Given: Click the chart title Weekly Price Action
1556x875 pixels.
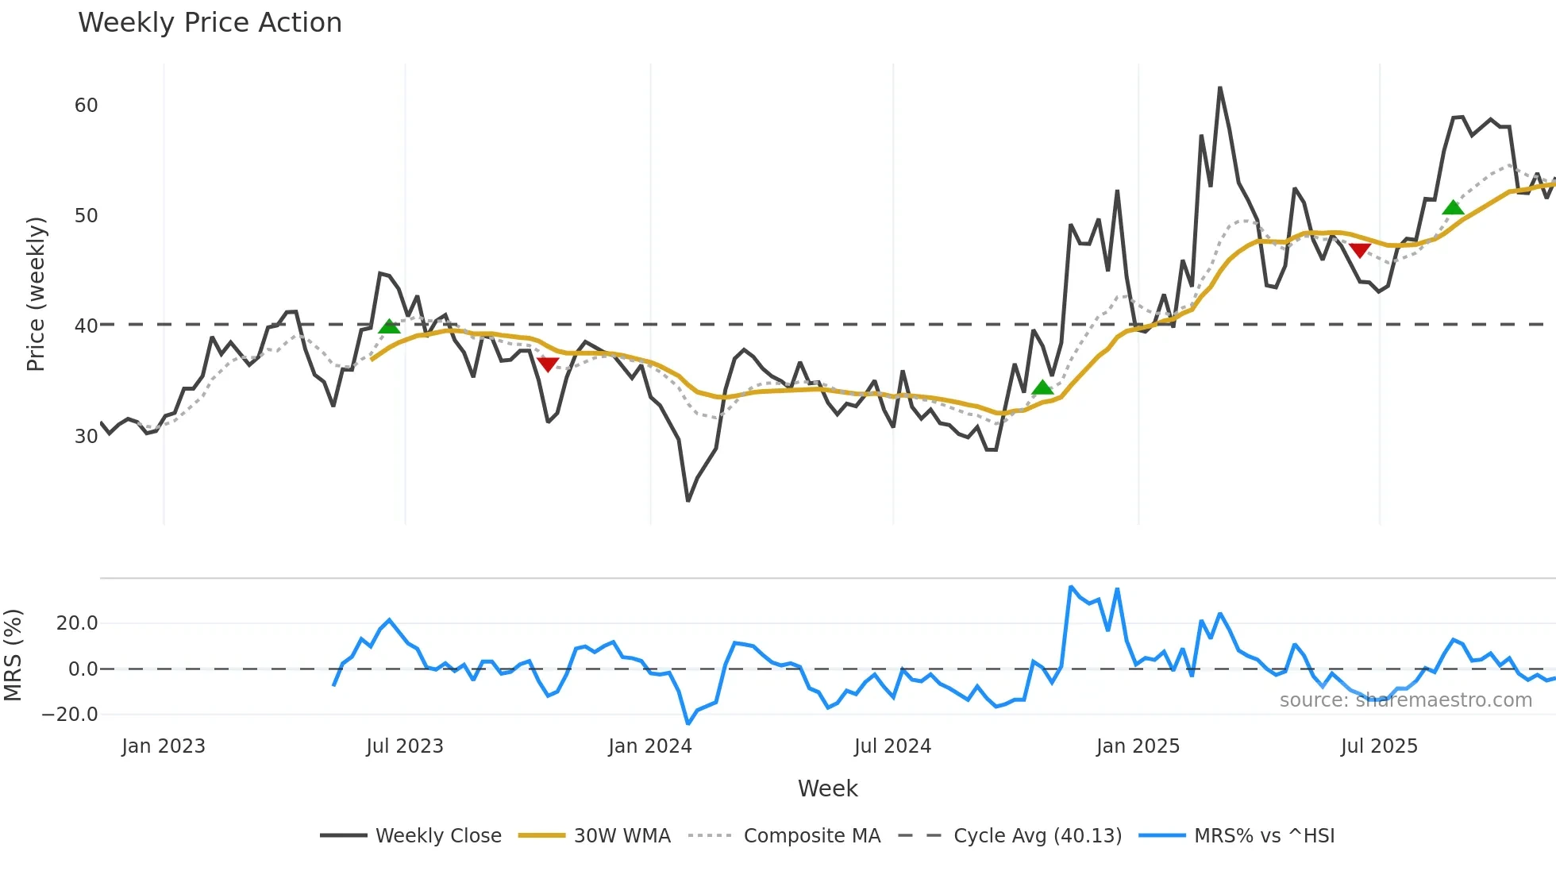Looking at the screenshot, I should point(210,23).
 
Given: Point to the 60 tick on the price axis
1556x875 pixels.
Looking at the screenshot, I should point(86,106).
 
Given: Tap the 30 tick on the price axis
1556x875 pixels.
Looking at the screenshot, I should point(86,437).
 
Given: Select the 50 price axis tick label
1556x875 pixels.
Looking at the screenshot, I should point(86,216).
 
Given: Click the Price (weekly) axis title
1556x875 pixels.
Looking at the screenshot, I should point(36,294).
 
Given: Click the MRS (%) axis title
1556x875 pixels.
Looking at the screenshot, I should point(13,655).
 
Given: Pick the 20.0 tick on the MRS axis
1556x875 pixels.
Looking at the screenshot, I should point(77,623).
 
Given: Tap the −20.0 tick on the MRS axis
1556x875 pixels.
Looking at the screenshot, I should point(70,715).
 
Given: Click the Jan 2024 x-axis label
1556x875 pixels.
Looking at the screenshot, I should point(649,746).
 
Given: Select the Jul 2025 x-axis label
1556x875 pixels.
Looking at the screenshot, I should point(1379,746).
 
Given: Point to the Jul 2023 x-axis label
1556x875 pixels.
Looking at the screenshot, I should point(405,746).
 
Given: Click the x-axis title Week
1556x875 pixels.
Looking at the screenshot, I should point(827,788).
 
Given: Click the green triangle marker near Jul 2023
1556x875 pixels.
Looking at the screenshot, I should point(389,326).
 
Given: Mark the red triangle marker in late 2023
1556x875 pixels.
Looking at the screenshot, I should point(548,364).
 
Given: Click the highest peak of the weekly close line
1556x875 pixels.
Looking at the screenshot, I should point(1219,88).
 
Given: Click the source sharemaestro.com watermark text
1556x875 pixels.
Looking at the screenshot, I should point(1405,700).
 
